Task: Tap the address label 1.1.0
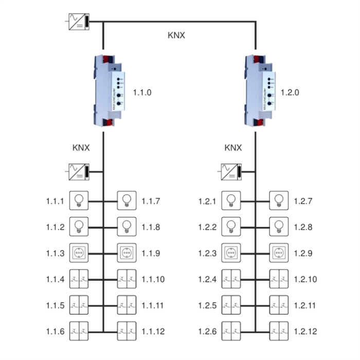pyautogui.click(x=143, y=93)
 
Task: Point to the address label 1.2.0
pyautogui.click(x=290, y=93)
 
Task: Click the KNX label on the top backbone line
pyautogui.click(x=176, y=35)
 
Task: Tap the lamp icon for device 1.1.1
pyautogui.click(x=79, y=200)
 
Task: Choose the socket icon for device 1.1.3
pyautogui.click(x=79, y=253)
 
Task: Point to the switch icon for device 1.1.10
pyautogui.click(x=127, y=279)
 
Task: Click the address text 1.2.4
pyautogui.click(x=208, y=280)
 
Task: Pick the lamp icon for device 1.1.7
pyautogui.click(x=127, y=200)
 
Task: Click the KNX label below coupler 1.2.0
pyautogui.click(x=233, y=148)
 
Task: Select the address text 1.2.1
pyautogui.click(x=208, y=201)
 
